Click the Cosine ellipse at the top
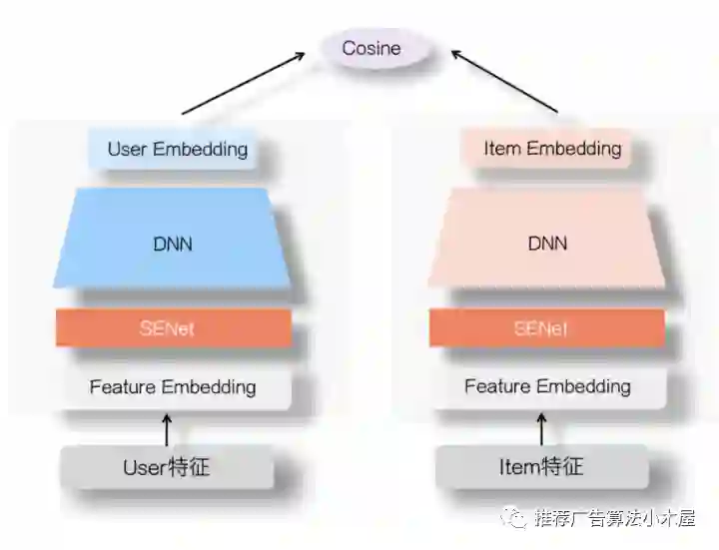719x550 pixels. (x=371, y=49)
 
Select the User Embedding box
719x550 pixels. (x=177, y=150)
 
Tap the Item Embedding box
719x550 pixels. (x=551, y=150)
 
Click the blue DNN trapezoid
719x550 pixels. (x=172, y=243)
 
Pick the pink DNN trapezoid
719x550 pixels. (x=546, y=243)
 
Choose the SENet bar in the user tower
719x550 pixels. (x=173, y=328)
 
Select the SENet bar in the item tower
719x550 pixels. (x=546, y=328)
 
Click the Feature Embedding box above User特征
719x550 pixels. (x=173, y=386)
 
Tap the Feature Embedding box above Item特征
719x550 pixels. (x=546, y=386)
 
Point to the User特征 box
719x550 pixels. (x=167, y=467)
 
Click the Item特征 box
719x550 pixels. (x=541, y=467)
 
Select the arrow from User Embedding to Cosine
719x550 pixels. (x=244, y=83)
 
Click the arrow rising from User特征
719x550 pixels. (x=167, y=429)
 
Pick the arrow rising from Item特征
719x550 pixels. (x=542, y=429)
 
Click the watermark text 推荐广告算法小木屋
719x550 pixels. (x=614, y=518)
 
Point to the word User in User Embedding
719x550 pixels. (x=127, y=150)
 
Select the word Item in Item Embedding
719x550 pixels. (x=502, y=150)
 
